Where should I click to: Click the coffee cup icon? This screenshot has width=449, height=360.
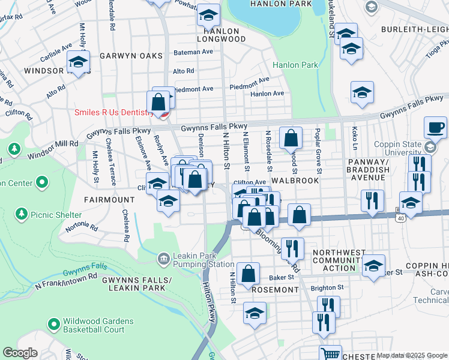tap(435, 127)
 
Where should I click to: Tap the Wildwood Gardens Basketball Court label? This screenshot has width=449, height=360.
tap(94, 325)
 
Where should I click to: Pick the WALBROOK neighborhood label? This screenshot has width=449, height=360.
tap(293, 180)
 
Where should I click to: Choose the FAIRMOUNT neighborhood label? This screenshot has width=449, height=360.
tap(109, 199)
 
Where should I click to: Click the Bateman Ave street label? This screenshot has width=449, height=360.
tap(193, 52)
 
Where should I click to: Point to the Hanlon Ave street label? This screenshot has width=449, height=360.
tap(267, 94)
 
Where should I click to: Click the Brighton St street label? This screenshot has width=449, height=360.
tap(327, 287)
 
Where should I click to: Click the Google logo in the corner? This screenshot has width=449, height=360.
tap(20, 353)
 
